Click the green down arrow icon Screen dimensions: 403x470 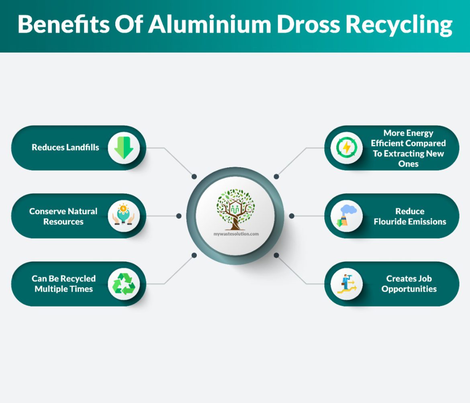coord(123,147)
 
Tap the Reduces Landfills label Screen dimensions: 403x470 coord(65,147)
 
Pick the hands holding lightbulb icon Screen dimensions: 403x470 coord(123,216)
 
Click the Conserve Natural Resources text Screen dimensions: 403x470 coord(63,216)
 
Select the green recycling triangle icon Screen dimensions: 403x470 coord(123,284)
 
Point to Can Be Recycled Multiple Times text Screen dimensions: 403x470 coord(63,284)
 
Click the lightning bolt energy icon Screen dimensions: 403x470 coord(346,147)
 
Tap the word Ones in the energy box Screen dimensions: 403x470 coord(408,164)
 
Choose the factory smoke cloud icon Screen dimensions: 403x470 coord(346,216)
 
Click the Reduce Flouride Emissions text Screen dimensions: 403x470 coord(410,216)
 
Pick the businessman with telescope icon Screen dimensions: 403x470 coord(346,284)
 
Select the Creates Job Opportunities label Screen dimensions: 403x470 coord(409,284)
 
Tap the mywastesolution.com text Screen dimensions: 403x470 coord(236,233)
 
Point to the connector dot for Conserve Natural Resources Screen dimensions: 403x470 coord(179,216)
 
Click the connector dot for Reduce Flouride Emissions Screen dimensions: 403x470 coord(292,216)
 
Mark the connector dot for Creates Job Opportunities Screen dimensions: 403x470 coord(276,255)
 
